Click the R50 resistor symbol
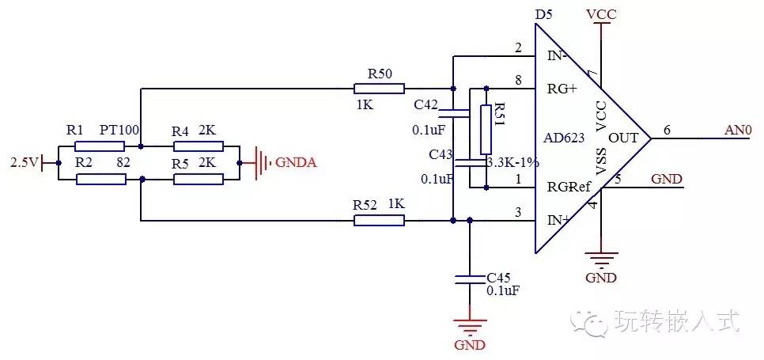tap(379, 88)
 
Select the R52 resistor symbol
tap(379, 221)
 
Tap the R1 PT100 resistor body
tap(100, 146)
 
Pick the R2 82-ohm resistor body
tap(101, 180)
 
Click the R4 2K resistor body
tap(199, 146)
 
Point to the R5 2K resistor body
tap(199, 180)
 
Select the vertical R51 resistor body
tap(486, 130)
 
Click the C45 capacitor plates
tap(470, 279)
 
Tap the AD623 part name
tap(564, 138)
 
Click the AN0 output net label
tap(739, 130)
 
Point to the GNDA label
tap(297, 163)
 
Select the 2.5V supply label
tap(25, 163)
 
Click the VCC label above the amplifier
tap(601, 14)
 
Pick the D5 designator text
tap(544, 14)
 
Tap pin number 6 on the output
tap(667, 130)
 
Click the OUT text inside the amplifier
tap(623, 138)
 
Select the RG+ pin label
tap(562, 89)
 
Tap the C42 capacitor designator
tap(426, 104)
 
